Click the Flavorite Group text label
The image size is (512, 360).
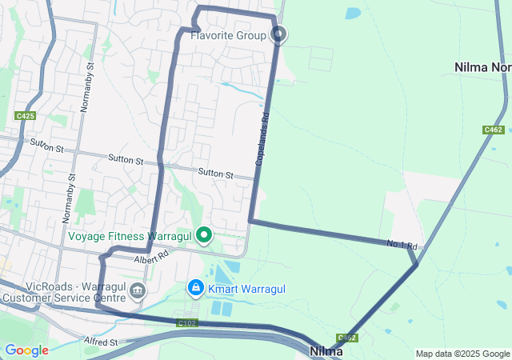[228, 36]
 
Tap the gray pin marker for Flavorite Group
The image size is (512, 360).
[280, 34]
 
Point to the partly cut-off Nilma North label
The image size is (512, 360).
[482, 67]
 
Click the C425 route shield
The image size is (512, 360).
[25, 116]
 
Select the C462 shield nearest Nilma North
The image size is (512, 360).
[493, 129]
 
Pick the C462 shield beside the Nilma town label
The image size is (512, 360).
[346, 338]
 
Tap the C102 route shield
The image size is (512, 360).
[187, 323]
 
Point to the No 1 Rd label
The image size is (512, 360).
[402, 244]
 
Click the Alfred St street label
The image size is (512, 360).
[101, 342]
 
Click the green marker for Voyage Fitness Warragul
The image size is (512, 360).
[205, 235]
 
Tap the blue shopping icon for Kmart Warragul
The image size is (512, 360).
[195, 286]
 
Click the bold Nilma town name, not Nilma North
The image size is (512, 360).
[326, 350]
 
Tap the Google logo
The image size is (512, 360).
[26, 350]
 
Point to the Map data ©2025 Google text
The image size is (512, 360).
[462, 354]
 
